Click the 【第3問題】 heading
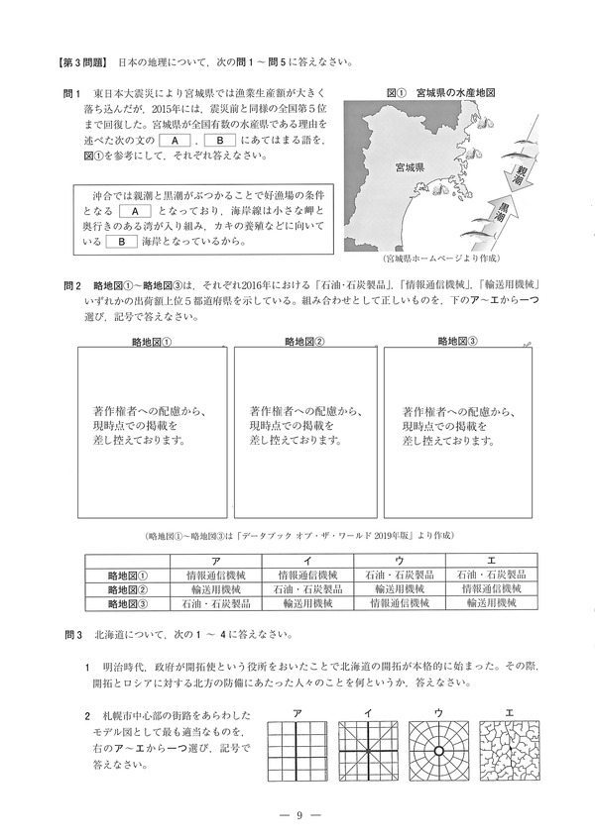coord(83,61)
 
